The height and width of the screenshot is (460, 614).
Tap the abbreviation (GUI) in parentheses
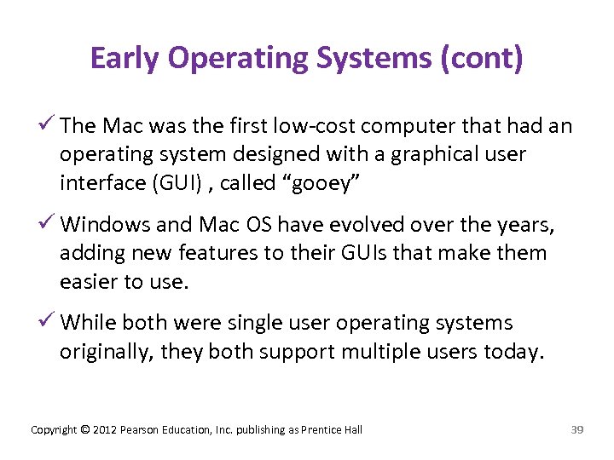(178, 183)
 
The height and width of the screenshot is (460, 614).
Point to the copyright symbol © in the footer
(84, 430)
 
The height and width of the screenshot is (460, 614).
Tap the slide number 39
(576, 430)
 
